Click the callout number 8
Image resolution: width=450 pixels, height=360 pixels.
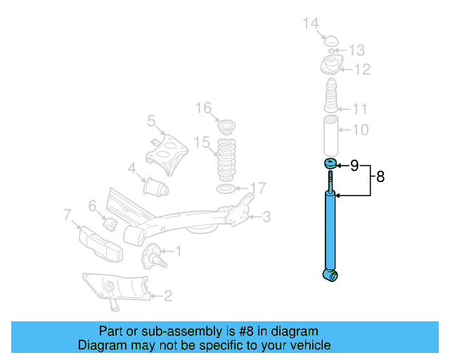click(x=380, y=176)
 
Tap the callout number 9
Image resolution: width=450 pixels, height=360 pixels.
click(x=354, y=165)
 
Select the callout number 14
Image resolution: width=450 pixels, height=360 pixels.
click(x=311, y=25)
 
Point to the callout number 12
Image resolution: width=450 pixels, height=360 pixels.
click(x=362, y=70)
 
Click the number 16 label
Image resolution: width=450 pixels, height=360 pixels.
click(x=203, y=108)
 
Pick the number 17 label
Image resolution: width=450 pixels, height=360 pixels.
click(x=258, y=188)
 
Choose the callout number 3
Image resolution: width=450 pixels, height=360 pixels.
click(x=266, y=217)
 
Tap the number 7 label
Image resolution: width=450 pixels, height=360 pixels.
click(x=67, y=214)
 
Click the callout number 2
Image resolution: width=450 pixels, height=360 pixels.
click(x=167, y=296)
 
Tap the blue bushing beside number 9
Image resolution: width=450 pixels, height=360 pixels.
click(x=329, y=165)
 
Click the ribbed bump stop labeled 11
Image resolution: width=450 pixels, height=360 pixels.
click(x=330, y=98)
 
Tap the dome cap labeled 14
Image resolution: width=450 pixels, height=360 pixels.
click(x=330, y=39)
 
